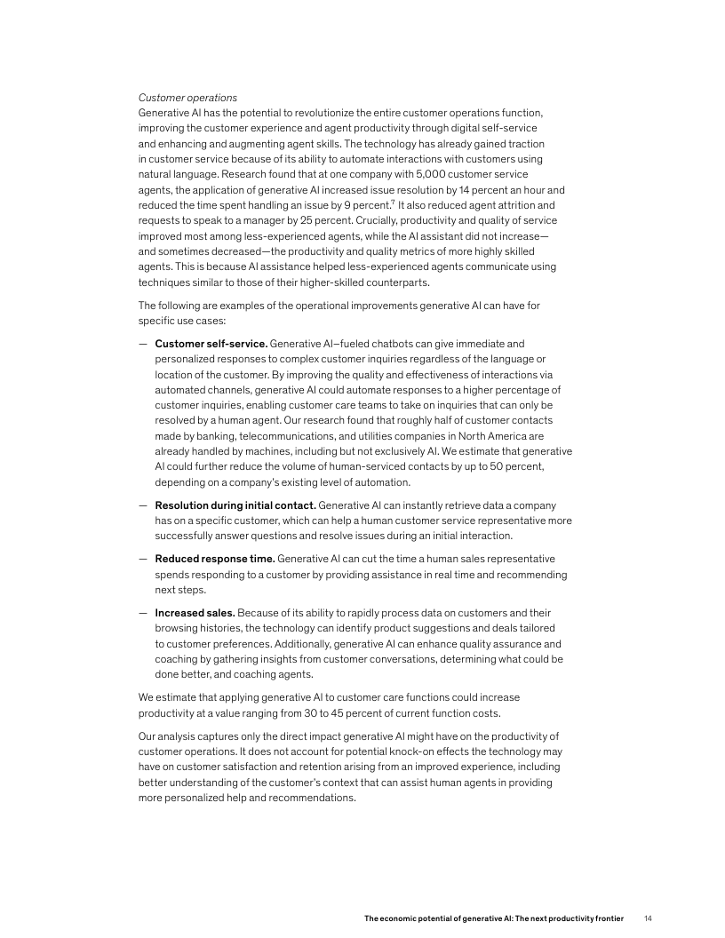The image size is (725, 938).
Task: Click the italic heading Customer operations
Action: pos(187,97)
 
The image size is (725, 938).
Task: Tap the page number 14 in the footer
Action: pos(649,918)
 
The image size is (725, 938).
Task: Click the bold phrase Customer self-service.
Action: pos(211,343)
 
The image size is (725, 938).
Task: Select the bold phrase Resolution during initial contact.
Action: pos(235,505)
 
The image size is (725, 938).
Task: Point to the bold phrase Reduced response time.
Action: pos(214,559)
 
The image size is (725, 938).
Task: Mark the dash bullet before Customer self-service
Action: pos(143,343)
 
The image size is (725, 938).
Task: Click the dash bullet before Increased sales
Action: pos(143,613)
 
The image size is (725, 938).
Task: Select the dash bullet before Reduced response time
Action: pos(143,559)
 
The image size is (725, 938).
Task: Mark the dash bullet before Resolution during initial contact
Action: pos(143,505)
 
